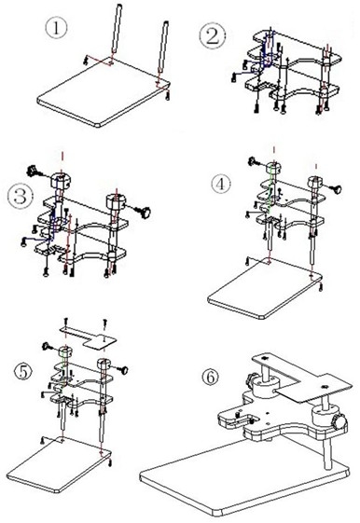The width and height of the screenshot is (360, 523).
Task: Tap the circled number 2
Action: pos(212,37)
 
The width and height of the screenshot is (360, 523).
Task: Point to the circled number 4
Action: pos(220,184)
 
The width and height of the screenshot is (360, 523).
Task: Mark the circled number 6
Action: pos(210,378)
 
